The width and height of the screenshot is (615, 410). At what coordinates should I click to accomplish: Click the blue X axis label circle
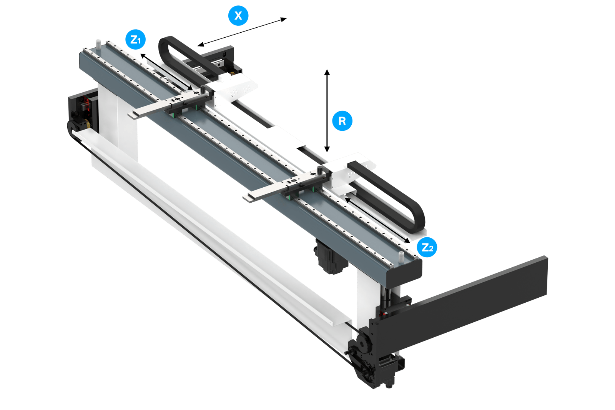pyautogui.click(x=238, y=15)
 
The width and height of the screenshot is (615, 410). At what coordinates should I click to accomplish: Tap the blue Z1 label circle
pyautogui.click(x=135, y=40)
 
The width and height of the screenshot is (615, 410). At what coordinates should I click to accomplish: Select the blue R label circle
pyautogui.click(x=342, y=121)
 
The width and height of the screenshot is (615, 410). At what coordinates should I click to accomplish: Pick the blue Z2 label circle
pyautogui.click(x=427, y=247)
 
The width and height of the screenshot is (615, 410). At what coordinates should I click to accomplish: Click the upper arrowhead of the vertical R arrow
pyautogui.click(x=327, y=72)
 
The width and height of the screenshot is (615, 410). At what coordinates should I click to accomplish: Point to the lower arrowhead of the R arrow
pyautogui.click(x=327, y=149)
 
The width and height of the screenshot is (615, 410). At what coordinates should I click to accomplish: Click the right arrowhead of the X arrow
pyautogui.click(x=284, y=19)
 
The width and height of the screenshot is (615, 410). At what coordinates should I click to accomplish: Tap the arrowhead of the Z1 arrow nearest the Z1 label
pyautogui.click(x=143, y=56)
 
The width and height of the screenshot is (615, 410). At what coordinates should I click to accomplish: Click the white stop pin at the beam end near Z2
pyautogui.click(x=401, y=257)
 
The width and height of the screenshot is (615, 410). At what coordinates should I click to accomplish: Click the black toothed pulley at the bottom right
pyautogui.click(x=364, y=342)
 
